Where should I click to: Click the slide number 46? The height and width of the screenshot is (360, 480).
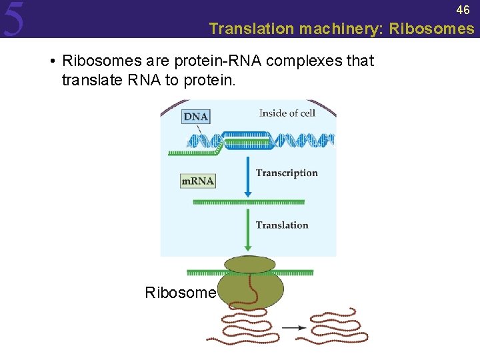pos(463,10)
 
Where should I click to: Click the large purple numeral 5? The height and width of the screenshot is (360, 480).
pos(14,19)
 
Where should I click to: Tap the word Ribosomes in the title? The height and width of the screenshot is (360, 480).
pos(431,29)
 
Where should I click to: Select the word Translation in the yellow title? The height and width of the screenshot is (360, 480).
pos(251,29)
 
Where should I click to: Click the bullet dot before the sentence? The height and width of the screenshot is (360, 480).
pos(53,61)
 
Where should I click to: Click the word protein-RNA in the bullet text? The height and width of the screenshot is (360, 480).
pos(218,61)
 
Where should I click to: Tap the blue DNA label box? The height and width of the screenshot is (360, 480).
pos(196,117)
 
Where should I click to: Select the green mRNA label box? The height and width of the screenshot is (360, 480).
pos(198,181)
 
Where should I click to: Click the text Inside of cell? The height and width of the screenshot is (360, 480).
pos(287,113)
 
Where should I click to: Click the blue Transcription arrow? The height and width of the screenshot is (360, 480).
pos(248,177)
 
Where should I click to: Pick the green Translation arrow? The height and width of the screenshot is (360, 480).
pos(248,229)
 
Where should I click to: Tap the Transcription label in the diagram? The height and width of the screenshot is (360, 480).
pos(287,173)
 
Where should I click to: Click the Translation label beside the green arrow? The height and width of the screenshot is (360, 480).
pos(282,225)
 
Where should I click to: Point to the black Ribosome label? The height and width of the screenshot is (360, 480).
pos(181,293)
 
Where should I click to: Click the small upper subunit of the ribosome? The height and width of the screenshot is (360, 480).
pos(250,264)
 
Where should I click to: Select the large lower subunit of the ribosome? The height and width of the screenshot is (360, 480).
pos(251,289)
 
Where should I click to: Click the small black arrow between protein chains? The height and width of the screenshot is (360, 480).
pos(294,328)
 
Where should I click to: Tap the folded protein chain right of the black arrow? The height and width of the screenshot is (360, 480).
pos(333,326)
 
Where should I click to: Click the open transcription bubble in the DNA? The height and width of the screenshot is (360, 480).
pos(247,141)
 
